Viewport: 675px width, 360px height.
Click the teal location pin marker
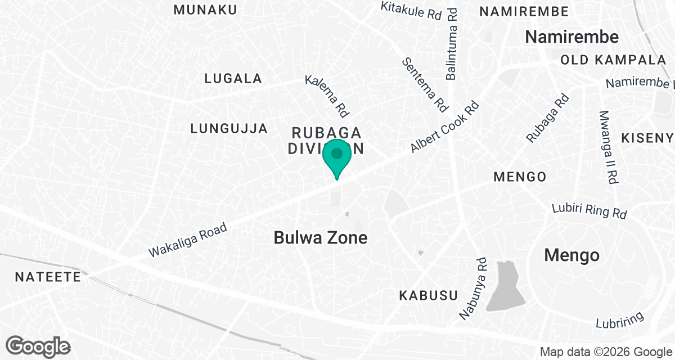coord(337,156)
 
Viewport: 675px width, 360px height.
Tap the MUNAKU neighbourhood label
coord(205,10)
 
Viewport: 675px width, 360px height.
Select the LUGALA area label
coord(233,78)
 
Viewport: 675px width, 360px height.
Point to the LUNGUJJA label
coord(229,128)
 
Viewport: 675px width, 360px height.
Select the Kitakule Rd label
coord(411,11)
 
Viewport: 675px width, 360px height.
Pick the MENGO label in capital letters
coord(519,177)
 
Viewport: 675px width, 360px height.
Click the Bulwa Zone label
coord(321,237)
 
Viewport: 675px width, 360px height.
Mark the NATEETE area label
coord(48,277)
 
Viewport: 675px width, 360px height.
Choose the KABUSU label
coord(428,295)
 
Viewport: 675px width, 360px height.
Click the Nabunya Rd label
coord(473,289)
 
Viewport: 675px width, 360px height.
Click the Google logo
coord(39,346)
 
